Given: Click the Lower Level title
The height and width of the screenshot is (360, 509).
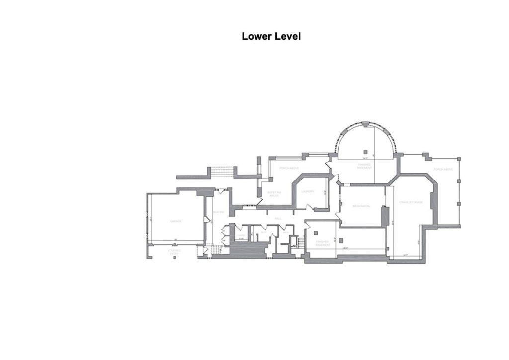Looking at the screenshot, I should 271,36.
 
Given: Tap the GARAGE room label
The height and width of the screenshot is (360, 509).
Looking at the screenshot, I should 176,221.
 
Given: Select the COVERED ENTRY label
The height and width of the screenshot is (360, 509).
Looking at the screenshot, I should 174,252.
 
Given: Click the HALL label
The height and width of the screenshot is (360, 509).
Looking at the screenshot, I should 278,218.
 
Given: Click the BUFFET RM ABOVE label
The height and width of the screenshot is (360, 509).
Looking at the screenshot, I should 274,194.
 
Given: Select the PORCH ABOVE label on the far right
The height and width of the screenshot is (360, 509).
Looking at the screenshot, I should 443,170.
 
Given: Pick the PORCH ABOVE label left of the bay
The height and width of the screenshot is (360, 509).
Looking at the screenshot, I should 289,168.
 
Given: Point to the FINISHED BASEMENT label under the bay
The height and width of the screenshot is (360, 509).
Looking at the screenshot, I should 365,166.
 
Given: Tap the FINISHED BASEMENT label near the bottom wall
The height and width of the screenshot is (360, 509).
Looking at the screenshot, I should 323,243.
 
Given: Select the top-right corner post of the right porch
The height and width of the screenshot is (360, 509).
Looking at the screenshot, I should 459,159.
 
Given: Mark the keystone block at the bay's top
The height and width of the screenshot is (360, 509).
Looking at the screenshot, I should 366,123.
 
